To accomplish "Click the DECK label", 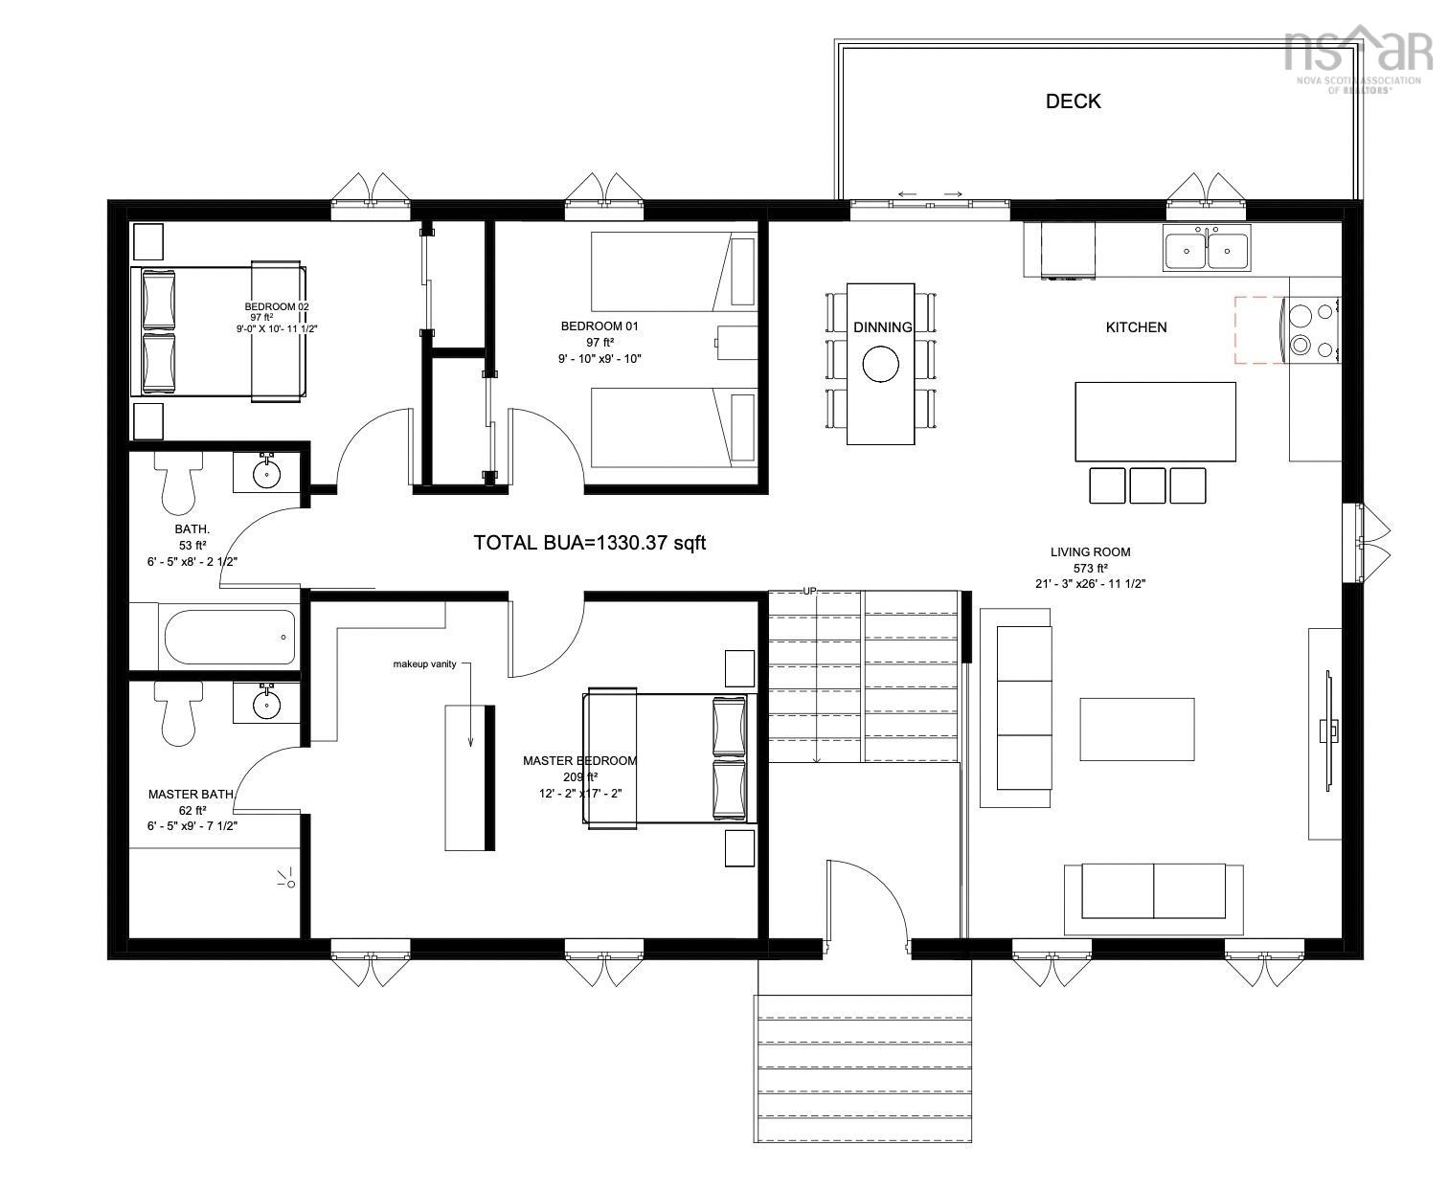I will point(1073,101).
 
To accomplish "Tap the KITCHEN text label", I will point(1136,327).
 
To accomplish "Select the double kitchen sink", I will point(1206,251).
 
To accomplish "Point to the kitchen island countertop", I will point(1155,420).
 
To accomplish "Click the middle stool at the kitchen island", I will point(1146,485).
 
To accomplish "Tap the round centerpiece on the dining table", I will point(880,364).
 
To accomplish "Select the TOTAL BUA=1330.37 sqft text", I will point(590,543).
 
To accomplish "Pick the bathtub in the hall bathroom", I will point(230,638).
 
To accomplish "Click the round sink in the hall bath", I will point(265,473).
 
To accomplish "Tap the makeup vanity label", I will point(424,663).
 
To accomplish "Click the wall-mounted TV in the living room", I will point(1327,731).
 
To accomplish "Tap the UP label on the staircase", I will point(809,592).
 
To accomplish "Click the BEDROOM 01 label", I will point(599,326).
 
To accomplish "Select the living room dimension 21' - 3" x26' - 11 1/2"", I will point(1091,583).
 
